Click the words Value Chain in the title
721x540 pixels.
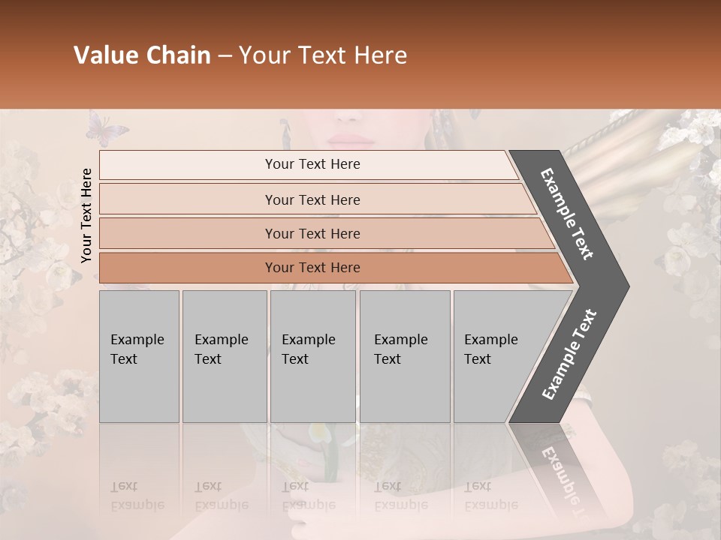coord(142,55)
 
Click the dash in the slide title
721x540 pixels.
coord(225,56)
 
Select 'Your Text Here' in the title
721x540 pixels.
coord(323,55)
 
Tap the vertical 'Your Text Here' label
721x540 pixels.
coord(86,215)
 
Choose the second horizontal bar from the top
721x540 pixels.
coord(312,199)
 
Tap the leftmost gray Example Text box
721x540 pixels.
coord(139,356)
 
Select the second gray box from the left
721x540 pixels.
coord(225,356)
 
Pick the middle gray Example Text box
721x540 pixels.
coord(312,356)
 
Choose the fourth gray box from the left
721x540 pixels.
coord(405,356)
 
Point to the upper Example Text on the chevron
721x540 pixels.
coord(567,214)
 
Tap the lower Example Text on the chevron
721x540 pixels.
coord(569,354)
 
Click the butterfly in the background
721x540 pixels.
coord(107,128)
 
